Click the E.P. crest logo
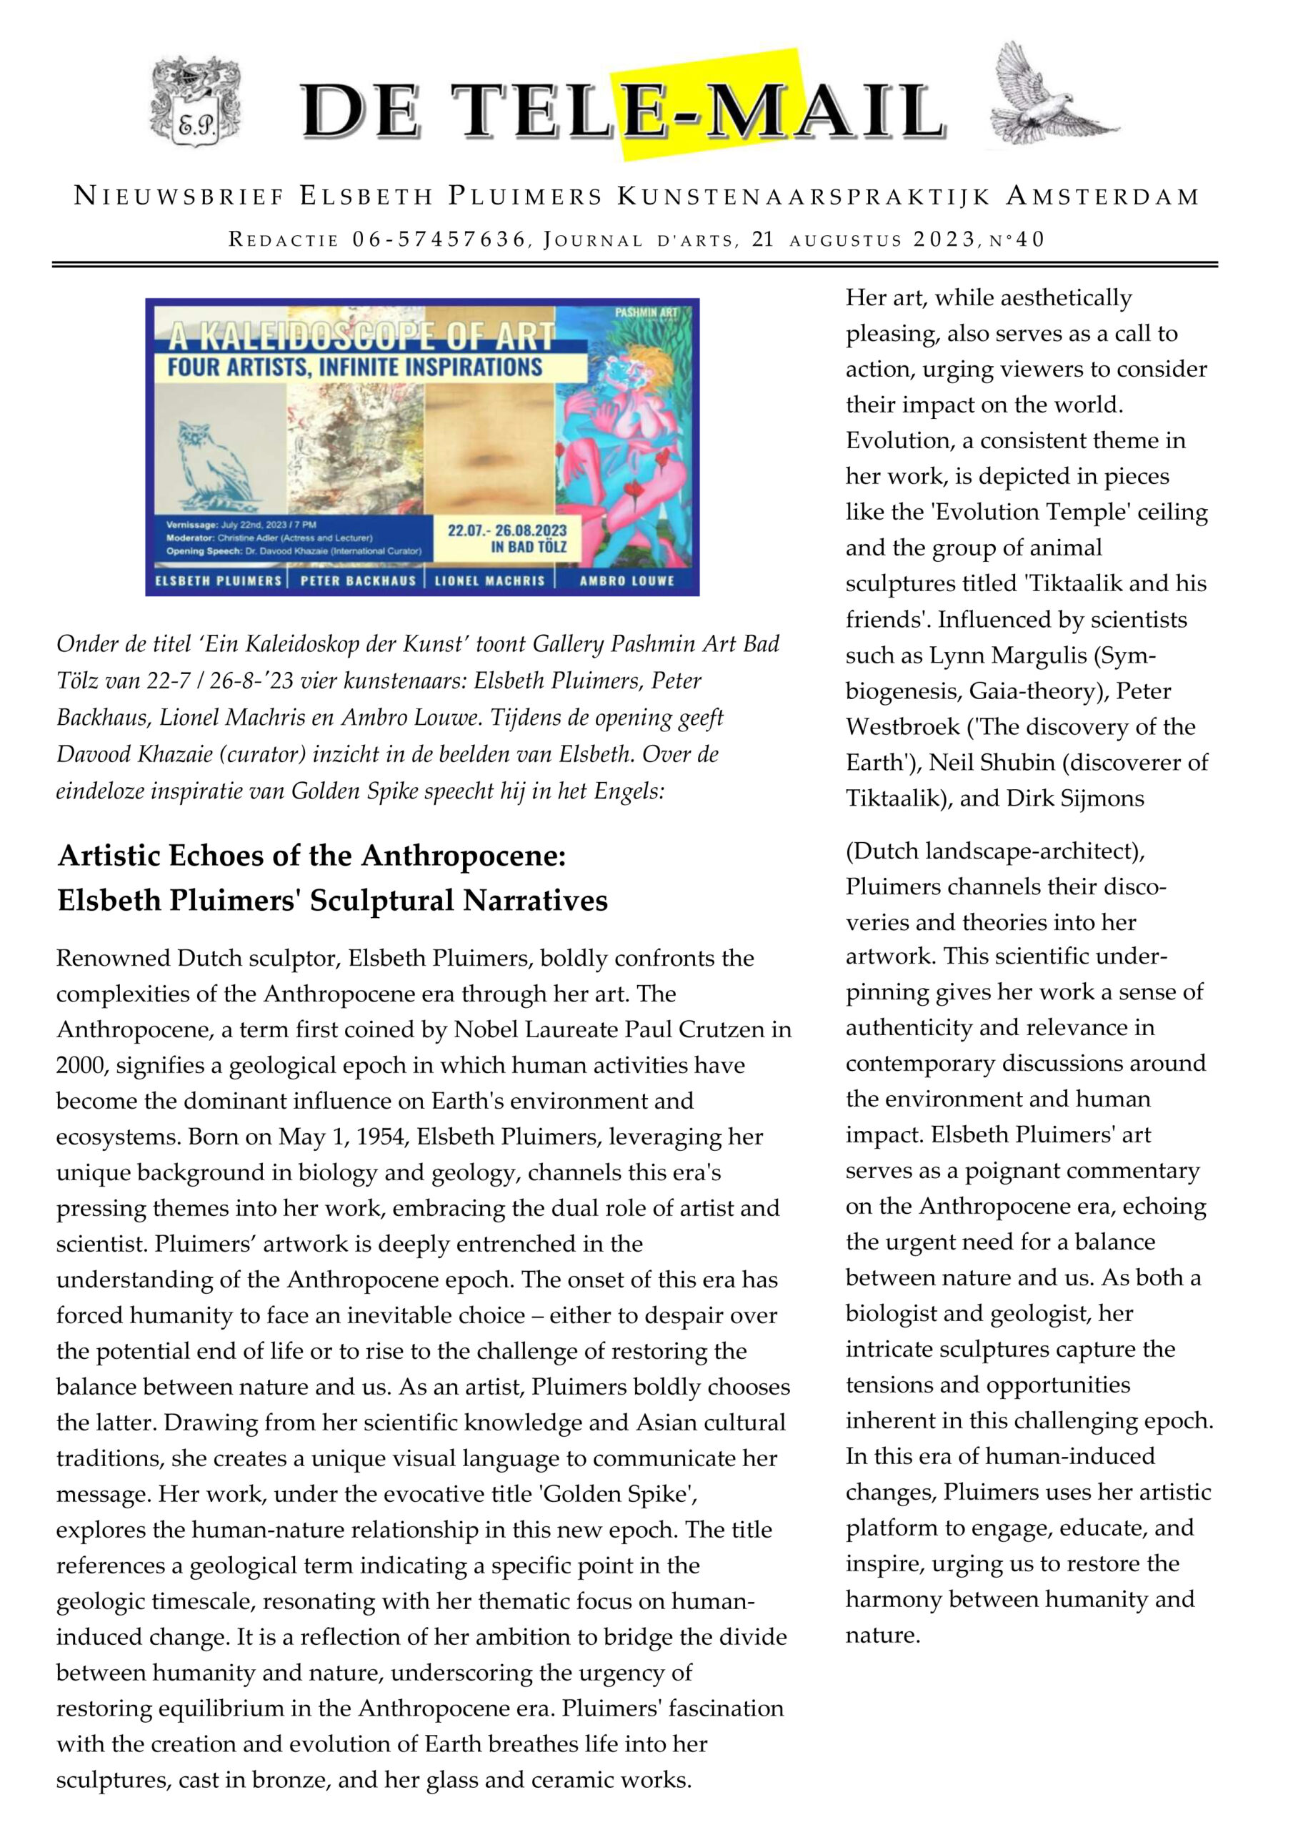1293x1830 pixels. click(196, 102)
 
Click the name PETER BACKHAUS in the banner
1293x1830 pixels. click(358, 581)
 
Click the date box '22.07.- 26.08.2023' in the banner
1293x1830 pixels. click(506, 539)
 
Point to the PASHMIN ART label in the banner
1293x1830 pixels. click(645, 312)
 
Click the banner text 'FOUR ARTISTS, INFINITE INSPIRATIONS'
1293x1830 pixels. click(354, 367)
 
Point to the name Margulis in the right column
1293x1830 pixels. click(1037, 656)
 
